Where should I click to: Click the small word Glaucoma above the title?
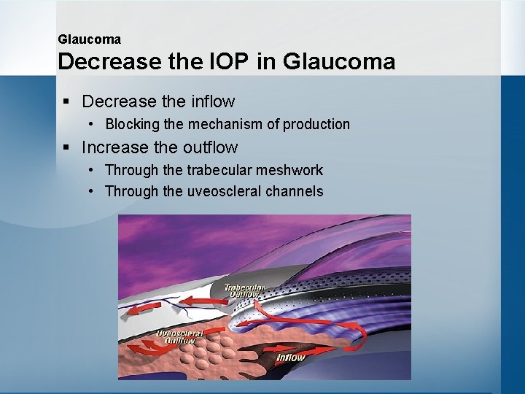(89, 39)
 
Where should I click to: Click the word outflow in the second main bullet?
(210, 147)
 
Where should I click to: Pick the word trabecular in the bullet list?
(217, 171)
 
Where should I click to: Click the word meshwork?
(289, 171)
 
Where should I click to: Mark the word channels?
(297, 192)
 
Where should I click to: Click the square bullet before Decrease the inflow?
(66, 102)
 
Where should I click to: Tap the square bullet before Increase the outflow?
(66, 148)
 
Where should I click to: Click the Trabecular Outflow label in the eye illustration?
(244, 290)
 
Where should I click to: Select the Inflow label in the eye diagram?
(290, 358)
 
